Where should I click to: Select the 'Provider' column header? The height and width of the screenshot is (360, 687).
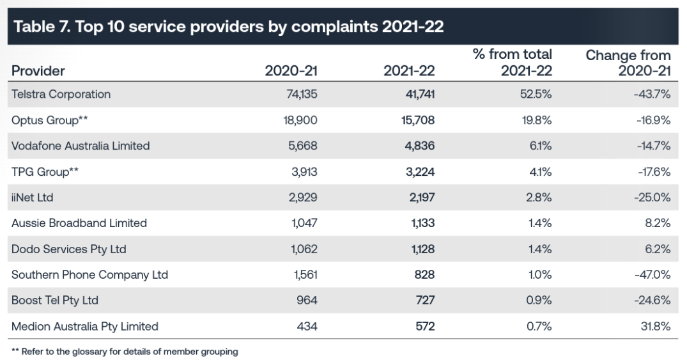(x=38, y=70)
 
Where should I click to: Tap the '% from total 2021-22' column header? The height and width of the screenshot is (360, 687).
(x=512, y=63)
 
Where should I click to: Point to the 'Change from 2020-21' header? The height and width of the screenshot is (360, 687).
(x=628, y=63)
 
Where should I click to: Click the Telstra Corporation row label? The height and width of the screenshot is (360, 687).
(x=61, y=94)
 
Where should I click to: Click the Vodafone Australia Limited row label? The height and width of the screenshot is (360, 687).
(x=81, y=146)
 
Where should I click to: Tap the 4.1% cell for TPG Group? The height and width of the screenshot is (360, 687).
(x=540, y=171)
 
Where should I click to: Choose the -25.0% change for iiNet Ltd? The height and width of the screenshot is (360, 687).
(x=653, y=198)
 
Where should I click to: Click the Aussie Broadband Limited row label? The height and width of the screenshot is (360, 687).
(x=79, y=223)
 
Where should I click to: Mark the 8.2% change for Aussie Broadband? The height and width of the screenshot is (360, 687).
(x=658, y=223)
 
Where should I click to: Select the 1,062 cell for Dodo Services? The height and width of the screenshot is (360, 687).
(x=303, y=249)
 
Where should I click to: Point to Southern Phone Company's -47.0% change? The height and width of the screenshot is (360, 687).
(x=653, y=275)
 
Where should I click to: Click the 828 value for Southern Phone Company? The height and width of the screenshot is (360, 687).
(x=424, y=275)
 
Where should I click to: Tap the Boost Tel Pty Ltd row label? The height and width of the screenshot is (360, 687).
(x=55, y=301)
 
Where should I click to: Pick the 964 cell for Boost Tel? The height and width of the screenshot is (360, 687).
(x=306, y=301)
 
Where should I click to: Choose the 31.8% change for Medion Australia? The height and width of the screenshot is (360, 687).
(x=656, y=326)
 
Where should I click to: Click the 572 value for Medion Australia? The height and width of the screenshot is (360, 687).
(x=424, y=326)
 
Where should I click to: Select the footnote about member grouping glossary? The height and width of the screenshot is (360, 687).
(x=125, y=352)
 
